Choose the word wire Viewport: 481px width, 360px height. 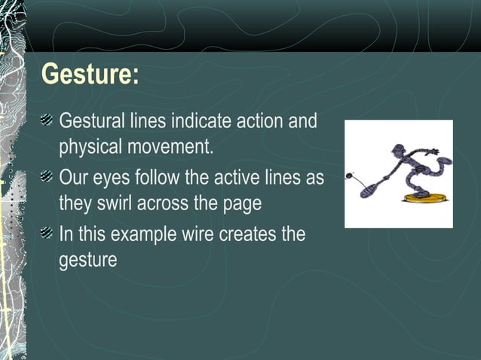(198, 234)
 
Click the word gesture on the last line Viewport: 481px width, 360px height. (87, 261)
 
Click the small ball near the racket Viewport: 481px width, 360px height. (349, 177)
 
